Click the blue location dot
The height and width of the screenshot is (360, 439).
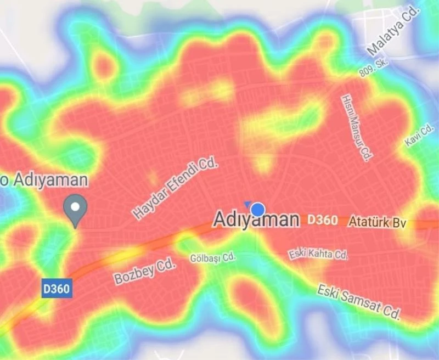tap(258, 209)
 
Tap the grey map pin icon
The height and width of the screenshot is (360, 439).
tap(75, 210)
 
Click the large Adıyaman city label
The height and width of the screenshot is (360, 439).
tap(256, 220)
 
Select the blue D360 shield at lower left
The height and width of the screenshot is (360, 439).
tap(57, 288)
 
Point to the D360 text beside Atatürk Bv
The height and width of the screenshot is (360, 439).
tap(322, 220)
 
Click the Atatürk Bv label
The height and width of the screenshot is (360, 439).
tap(377, 222)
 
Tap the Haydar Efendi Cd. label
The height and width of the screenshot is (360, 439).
tap(176, 189)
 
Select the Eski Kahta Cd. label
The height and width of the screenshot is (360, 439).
tap(318, 254)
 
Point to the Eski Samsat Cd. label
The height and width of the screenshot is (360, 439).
tap(359, 301)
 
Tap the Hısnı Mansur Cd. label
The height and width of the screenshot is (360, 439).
tap(357, 128)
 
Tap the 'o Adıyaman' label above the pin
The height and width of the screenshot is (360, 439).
tap(44, 179)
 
